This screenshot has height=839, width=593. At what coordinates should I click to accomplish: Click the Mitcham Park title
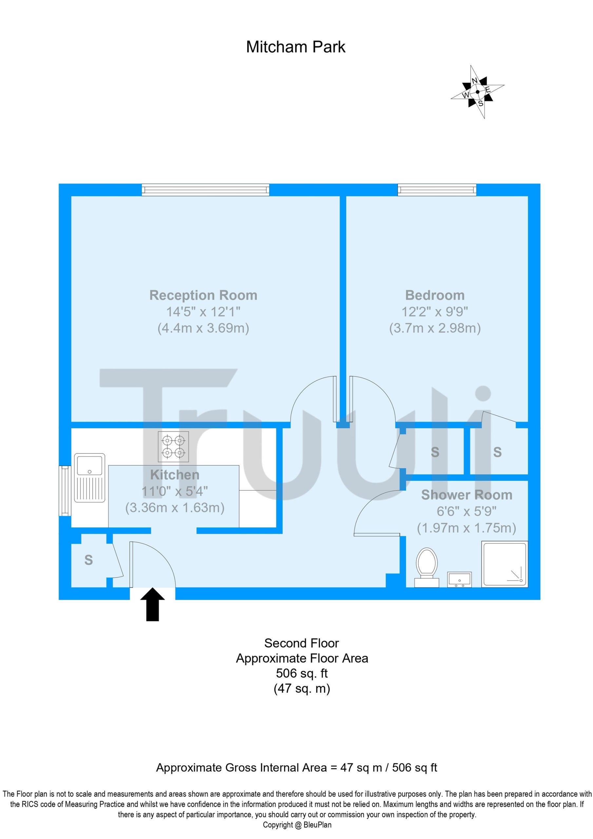click(x=296, y=47)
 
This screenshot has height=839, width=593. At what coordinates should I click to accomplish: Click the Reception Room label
click(x=203, y=295)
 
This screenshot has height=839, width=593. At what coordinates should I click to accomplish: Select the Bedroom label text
click(x=435, y=295)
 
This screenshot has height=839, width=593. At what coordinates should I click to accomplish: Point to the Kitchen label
click(x=175, y=475)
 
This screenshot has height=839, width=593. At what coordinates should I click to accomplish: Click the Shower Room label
click(x=467, y=495)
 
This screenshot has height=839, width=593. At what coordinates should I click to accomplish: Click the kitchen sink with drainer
click(x=89, y=478)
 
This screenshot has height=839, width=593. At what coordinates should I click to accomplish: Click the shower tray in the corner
click(x=505, y=564)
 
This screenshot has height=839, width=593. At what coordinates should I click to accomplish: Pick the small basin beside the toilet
click(x=459, y=579)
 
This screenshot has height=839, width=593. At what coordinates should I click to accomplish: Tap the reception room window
click(x=205, y=190)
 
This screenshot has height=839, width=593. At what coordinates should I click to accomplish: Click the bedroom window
click(x=437, y=190)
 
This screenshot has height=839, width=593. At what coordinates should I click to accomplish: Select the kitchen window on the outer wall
click(x=65, y=491)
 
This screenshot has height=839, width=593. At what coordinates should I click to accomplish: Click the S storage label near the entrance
click(x=88, y=560)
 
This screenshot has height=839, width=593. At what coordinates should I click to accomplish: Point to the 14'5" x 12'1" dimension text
click(x=203, y=312)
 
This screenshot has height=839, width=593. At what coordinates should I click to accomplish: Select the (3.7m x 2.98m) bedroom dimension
click(x=435, y=328)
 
